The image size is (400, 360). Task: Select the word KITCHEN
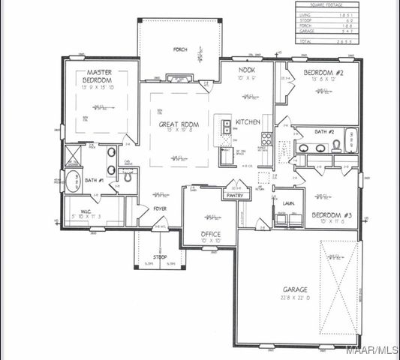pyautogui.click(x=248, y=121)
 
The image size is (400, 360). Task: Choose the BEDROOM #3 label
pyautogui.click(x=331, y=214)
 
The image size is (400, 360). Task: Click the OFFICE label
pyautogui.click(x=211, y=234)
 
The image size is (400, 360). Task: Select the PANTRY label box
pyautogui.click(x=236, y=195)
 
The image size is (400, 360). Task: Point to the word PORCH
pyautogui.click(x=180, y=50)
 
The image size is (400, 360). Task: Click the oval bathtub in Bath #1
pyautogui.click(x=73, y=181)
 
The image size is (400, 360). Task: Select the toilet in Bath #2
pyautogui.click(x=336, y=145)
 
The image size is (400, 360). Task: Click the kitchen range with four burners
pyautogui.click(x=266, y=138)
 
